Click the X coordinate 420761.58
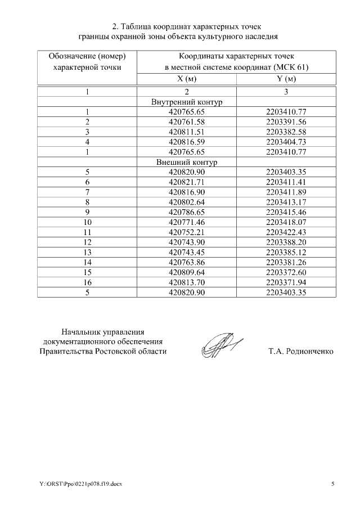(187, 121)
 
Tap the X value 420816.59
(187, 142)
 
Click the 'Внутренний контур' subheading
(187, 102)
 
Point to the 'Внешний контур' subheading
(187, 162)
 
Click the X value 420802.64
(187, 202)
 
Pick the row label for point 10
(87, 222)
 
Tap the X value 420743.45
(187, 252)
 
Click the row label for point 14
(87, 262)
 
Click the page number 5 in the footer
(332, 484)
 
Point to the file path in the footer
(80, 484)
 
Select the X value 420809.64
(187, 272)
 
